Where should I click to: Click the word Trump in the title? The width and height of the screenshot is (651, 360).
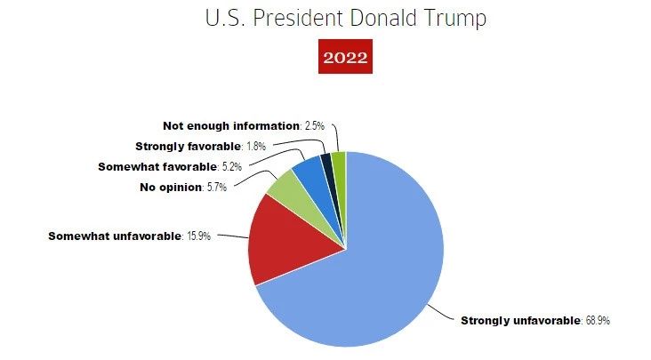point(454,19)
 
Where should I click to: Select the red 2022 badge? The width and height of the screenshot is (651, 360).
point(346,60)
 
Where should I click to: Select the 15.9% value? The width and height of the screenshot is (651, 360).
point(198,236)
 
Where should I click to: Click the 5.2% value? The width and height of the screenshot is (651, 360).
point(233,166)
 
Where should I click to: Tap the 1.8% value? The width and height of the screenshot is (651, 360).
point(256,146)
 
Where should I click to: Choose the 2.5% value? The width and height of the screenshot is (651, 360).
point(313,125)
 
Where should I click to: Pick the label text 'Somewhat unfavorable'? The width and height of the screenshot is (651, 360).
point(114,236)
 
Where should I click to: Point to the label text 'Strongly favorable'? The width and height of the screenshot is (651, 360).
point(189,146)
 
